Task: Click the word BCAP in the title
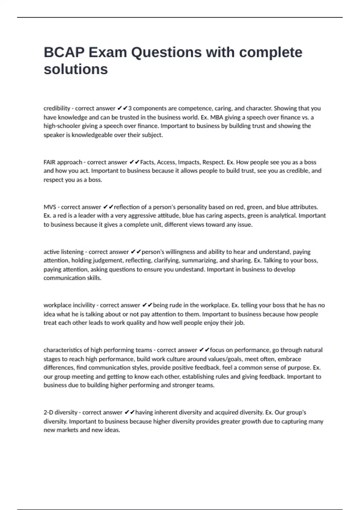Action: [x=64, y=52]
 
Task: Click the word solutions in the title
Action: [x=76, y=69]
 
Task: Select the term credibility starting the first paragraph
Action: [x=57, y=108]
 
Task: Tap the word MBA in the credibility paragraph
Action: [x=217, y=117]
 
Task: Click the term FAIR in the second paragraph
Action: [x=49, y=162]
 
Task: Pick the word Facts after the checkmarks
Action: [x=147, y=162]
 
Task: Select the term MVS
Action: [x=49, y=207]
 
